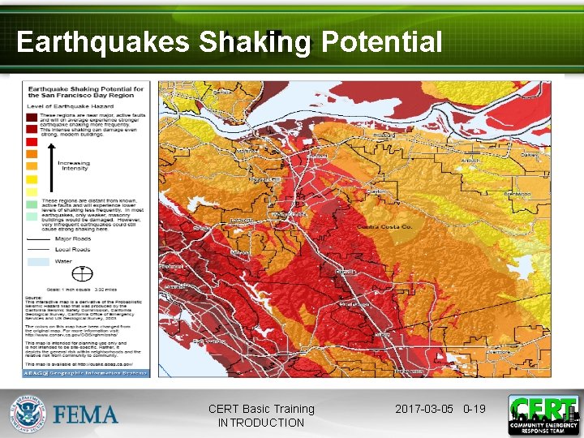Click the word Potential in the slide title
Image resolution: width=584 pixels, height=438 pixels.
(x=381, y=41)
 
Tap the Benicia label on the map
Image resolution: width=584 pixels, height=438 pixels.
(x=221, y=92)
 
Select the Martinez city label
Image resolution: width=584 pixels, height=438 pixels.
(x=244, y=151)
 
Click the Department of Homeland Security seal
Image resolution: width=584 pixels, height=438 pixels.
(x=28, y=414)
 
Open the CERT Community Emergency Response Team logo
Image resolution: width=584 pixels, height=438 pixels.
(x=543, y=414)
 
